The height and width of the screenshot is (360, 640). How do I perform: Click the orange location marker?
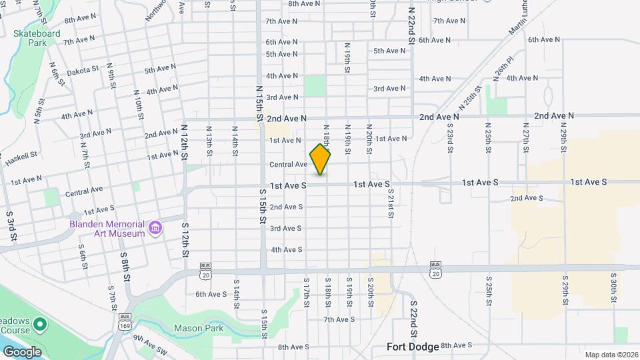click(x=321, y=159)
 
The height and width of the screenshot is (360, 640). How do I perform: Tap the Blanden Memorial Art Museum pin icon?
click(x=155, y=229)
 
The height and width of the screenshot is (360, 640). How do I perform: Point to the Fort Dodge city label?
click(x=413, y=347)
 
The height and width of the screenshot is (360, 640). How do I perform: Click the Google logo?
click(x=22, y=351)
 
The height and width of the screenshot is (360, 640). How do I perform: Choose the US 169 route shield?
click(x=125, y=326)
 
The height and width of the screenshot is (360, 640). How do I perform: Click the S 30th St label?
click(x=613, y=288)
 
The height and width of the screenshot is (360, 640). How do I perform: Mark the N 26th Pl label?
click(x=505, y=67)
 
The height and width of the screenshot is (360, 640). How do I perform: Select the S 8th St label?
click(x=124, y=264)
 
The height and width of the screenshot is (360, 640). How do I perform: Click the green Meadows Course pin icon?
click(x=40, y=325)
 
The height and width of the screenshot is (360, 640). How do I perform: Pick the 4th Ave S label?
click(x=286, y=250)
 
